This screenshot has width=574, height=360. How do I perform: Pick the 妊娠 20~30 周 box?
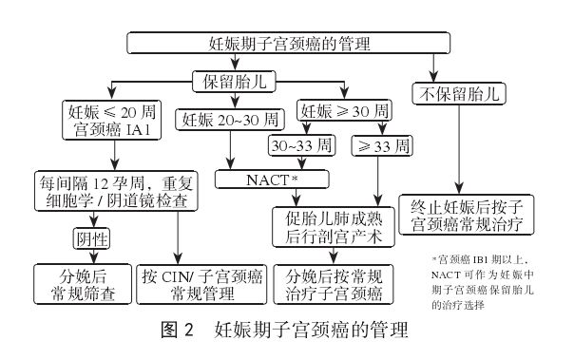pos(229,121)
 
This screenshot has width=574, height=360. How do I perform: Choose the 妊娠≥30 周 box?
pos(336,110)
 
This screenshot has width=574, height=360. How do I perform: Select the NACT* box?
pos(272,179)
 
